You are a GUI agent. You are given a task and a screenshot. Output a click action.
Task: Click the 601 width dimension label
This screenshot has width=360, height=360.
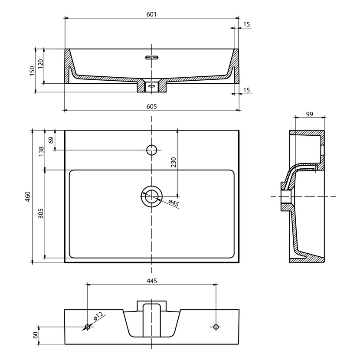pos(151,14)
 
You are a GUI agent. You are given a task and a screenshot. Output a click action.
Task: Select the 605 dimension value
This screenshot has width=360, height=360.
pos(151,107)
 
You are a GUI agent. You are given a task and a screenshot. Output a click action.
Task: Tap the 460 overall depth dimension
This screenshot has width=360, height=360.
pos(28,196)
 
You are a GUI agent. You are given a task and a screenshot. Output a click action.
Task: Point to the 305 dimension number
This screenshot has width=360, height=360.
pos(41,213)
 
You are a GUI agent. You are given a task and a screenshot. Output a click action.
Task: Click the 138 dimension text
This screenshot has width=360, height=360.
pos(41,151)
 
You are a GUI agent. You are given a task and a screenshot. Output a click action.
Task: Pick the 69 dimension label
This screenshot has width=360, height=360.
pos(51,140)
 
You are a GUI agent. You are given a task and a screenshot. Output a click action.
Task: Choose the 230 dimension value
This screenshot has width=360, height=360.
pos(173,162)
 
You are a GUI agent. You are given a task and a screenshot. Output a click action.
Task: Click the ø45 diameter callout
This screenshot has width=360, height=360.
pos(173,203)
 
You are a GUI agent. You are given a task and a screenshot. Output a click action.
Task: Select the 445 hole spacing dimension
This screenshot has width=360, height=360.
pos(152,281)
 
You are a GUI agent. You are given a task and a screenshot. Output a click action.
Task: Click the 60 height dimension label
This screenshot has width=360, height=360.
pos(36,335)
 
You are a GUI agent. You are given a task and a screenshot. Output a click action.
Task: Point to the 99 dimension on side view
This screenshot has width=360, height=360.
pos(310,114)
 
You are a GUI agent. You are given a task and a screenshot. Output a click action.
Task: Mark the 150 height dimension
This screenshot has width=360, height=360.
pos(32,71)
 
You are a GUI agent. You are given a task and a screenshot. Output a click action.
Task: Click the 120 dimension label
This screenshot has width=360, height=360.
pos(40,64)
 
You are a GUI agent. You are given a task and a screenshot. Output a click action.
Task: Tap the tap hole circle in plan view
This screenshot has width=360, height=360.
pos(151,150)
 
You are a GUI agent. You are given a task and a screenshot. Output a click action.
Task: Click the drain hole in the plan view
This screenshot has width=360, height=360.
pos(151,196)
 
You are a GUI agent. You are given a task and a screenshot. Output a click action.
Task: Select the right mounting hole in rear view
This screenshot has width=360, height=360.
pos(216,327)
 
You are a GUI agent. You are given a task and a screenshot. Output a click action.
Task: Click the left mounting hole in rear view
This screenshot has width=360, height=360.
pos(88,327)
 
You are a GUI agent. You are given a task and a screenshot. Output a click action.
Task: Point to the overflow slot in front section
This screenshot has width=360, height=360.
pos(152,57)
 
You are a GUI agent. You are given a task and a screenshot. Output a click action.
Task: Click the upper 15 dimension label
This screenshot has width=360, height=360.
pos(246,24)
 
